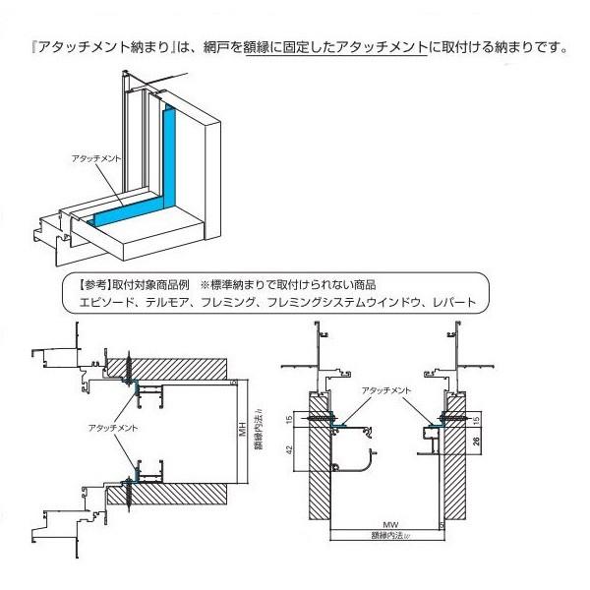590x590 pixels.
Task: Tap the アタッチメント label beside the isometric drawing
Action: coord(95,157)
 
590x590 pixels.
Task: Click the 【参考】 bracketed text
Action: coord(93,284)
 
